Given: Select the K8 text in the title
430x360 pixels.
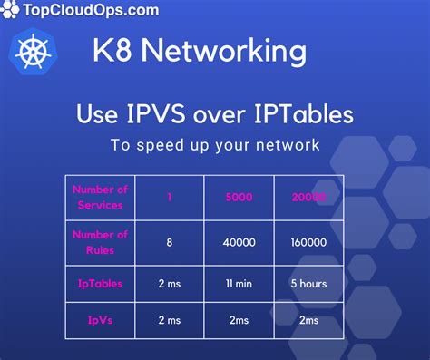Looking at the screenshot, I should click(x=111, y=51).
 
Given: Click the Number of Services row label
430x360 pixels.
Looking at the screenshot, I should click(x=100, y=197).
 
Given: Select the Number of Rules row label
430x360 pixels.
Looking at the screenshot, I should click(x=100, y=242).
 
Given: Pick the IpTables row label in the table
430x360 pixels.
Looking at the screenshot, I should click(x=100, y=283).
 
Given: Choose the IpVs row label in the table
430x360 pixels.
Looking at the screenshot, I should click(x=100, y=321).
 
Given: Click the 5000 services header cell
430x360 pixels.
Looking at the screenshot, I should click(x=240, y=198).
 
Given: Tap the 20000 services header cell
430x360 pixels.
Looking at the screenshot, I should click(x=308, y=198).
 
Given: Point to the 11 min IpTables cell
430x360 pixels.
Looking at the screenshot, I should click(x=240, y=283).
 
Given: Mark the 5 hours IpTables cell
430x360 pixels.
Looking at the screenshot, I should click(x=308, y=283).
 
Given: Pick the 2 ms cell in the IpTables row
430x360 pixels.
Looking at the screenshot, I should click(x=170, y=283).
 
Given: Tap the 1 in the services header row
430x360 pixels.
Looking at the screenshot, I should click(x=170, y=198).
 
